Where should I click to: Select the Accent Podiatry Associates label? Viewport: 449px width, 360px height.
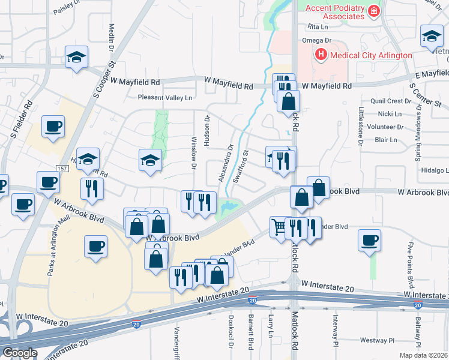point(335,12)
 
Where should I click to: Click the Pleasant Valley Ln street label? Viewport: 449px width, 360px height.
point(165,98)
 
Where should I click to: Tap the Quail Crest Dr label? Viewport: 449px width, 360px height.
point(391,101)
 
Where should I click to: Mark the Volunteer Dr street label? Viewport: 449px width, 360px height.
point(385,127)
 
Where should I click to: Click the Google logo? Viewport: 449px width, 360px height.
point(20,353)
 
